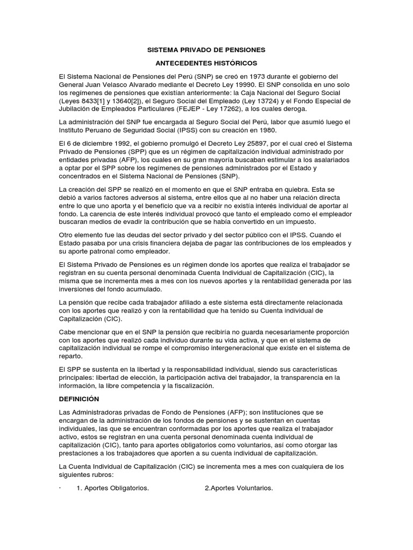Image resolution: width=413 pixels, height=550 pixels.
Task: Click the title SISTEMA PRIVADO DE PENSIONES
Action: [206, 50]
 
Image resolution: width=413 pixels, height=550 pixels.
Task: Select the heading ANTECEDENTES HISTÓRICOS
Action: [206, 63]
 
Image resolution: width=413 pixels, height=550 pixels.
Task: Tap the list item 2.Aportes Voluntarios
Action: [239, 488]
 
